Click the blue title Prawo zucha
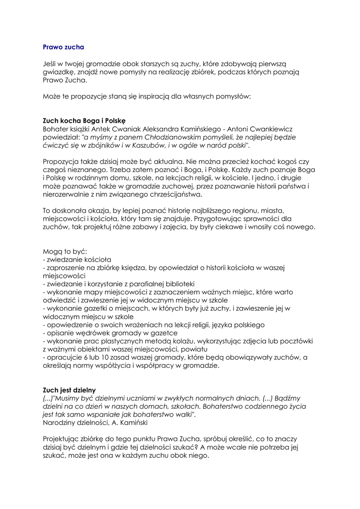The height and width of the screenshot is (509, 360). click(63, 47)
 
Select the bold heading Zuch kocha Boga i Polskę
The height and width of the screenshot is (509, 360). click(84, 120)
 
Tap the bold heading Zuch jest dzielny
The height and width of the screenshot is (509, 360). click(69, 390)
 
